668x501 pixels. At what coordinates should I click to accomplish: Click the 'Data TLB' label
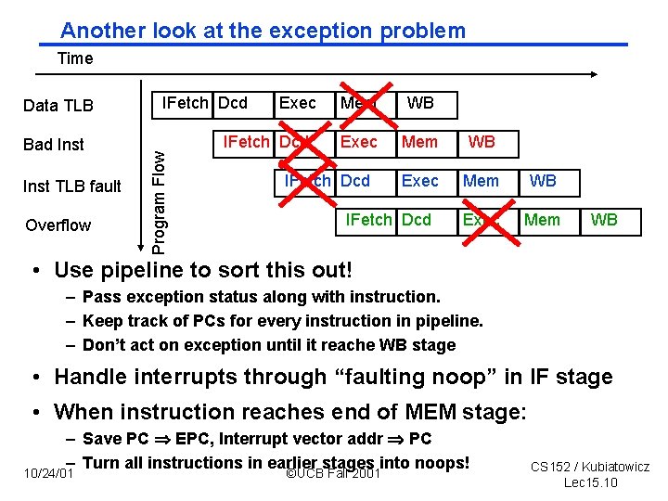tap(58, 105)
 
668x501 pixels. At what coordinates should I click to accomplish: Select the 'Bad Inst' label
tap(54, 144)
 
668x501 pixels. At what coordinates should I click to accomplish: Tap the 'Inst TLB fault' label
tap(72, 186)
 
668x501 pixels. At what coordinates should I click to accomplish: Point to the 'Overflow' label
tap(58, 225)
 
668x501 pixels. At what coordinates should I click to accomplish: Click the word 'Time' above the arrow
tap(75, 58)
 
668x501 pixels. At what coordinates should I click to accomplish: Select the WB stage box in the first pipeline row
tap(419, 103)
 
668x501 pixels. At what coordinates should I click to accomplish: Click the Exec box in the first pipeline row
tap(297, 103)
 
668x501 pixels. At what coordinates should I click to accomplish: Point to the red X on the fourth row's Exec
tap(482, 222)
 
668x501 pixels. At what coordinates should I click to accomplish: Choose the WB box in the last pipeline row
tap(604, 220)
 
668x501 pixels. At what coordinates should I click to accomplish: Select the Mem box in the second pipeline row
tap(419, 142)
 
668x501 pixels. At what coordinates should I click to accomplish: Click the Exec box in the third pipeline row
tap(419, 181)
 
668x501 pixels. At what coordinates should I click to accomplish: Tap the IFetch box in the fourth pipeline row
tap(368, 220)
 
